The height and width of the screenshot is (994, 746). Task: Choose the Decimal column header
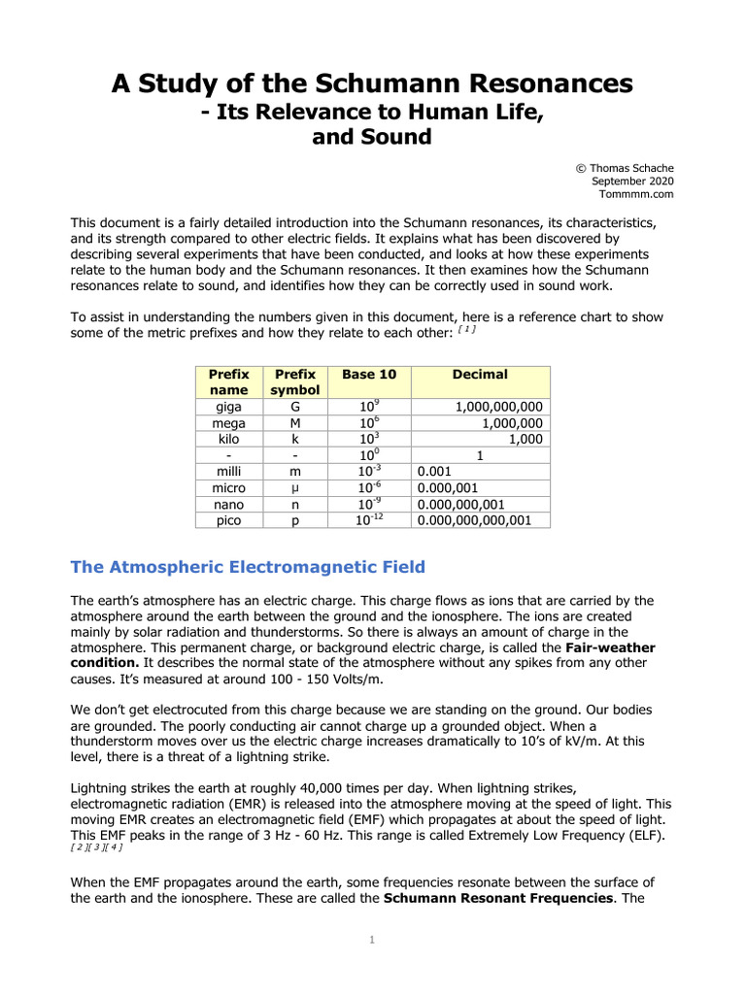[x=480, y=375]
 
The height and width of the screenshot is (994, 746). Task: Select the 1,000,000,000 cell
[x=499, y=407]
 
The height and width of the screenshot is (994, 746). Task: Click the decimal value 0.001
[x=437, y=472]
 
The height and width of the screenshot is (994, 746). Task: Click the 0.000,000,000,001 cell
[x=474, y=521]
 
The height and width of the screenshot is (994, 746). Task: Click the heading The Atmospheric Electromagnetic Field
[x=248, y=567]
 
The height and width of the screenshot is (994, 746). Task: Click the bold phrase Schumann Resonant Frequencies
[x=498, y=898]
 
